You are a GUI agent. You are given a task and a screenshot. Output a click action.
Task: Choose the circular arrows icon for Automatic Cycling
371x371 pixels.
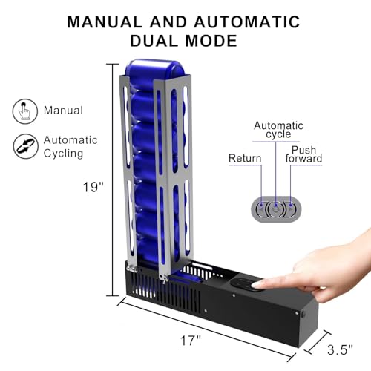(24, 145)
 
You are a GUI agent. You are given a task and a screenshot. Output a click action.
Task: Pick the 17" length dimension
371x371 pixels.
(191, 341)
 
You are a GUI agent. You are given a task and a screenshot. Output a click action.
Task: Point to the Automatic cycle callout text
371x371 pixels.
(274, 131)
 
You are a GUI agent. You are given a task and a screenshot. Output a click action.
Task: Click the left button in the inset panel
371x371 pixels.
(260, 209)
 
